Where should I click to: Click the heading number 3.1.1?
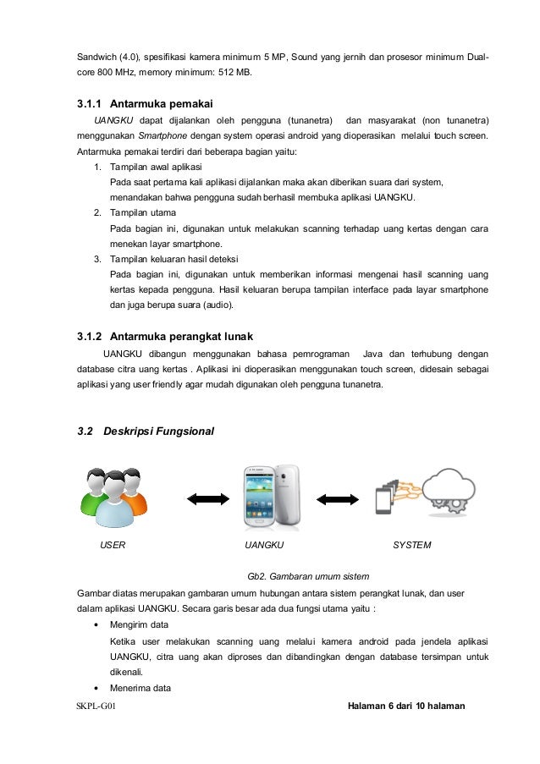pyautogui.click(x=87, y=104)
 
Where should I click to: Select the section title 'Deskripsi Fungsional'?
pyautogui.click(x=158, y=432)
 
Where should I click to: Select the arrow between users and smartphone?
pyautogui.click(x=202, y=498)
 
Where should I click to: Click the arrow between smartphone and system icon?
pyautogui.click(x=337, y=498)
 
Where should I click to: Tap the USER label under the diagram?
pyautogui.click(x=113, y=546)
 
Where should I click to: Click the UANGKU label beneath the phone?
pyautogui.click(x=263, y=546)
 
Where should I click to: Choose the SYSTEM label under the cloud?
pyautogui.click(x=412, y=546)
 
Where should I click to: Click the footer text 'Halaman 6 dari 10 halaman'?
pyautogui.click(x=406, y=706)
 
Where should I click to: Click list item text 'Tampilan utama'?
pyautogui.click(x=143, y=212)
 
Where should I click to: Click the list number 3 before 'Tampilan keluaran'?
pyautogui.click(x=97, y=259)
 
